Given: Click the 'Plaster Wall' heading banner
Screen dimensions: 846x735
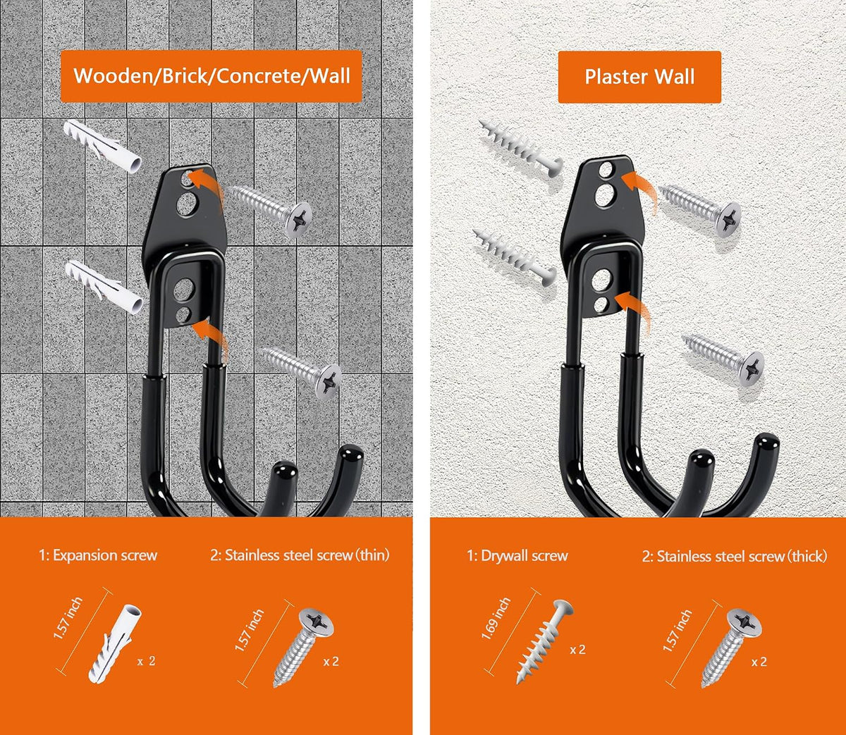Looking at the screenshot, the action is coord(639,77).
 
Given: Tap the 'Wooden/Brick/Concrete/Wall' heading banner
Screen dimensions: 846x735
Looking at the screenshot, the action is coord(211,76).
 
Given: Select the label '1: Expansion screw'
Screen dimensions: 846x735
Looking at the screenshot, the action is coord(98,555).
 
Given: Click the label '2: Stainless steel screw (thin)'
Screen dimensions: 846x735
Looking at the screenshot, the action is coord(300,555).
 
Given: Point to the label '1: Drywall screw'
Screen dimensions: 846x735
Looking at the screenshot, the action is coord(517,556).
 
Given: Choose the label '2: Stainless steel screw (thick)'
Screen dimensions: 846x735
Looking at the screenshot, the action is coord(735,556).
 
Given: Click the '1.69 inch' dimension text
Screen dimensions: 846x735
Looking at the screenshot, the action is coord(496,619).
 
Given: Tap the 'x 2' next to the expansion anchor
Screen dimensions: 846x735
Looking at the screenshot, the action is coord(147,661).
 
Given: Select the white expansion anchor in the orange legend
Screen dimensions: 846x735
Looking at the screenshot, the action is coord(115,644).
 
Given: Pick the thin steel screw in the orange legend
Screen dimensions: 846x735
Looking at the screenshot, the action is coord(303,647).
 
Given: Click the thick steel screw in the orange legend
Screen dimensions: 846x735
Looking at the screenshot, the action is coord(732,648).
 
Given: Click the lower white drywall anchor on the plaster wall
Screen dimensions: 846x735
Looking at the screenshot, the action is coord(514,258).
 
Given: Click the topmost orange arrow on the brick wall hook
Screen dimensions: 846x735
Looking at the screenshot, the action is coord(203,183).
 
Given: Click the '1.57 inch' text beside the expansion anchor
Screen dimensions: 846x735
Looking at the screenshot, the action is coord(68,618).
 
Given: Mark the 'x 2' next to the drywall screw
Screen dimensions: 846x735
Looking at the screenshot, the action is coord(577,650).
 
